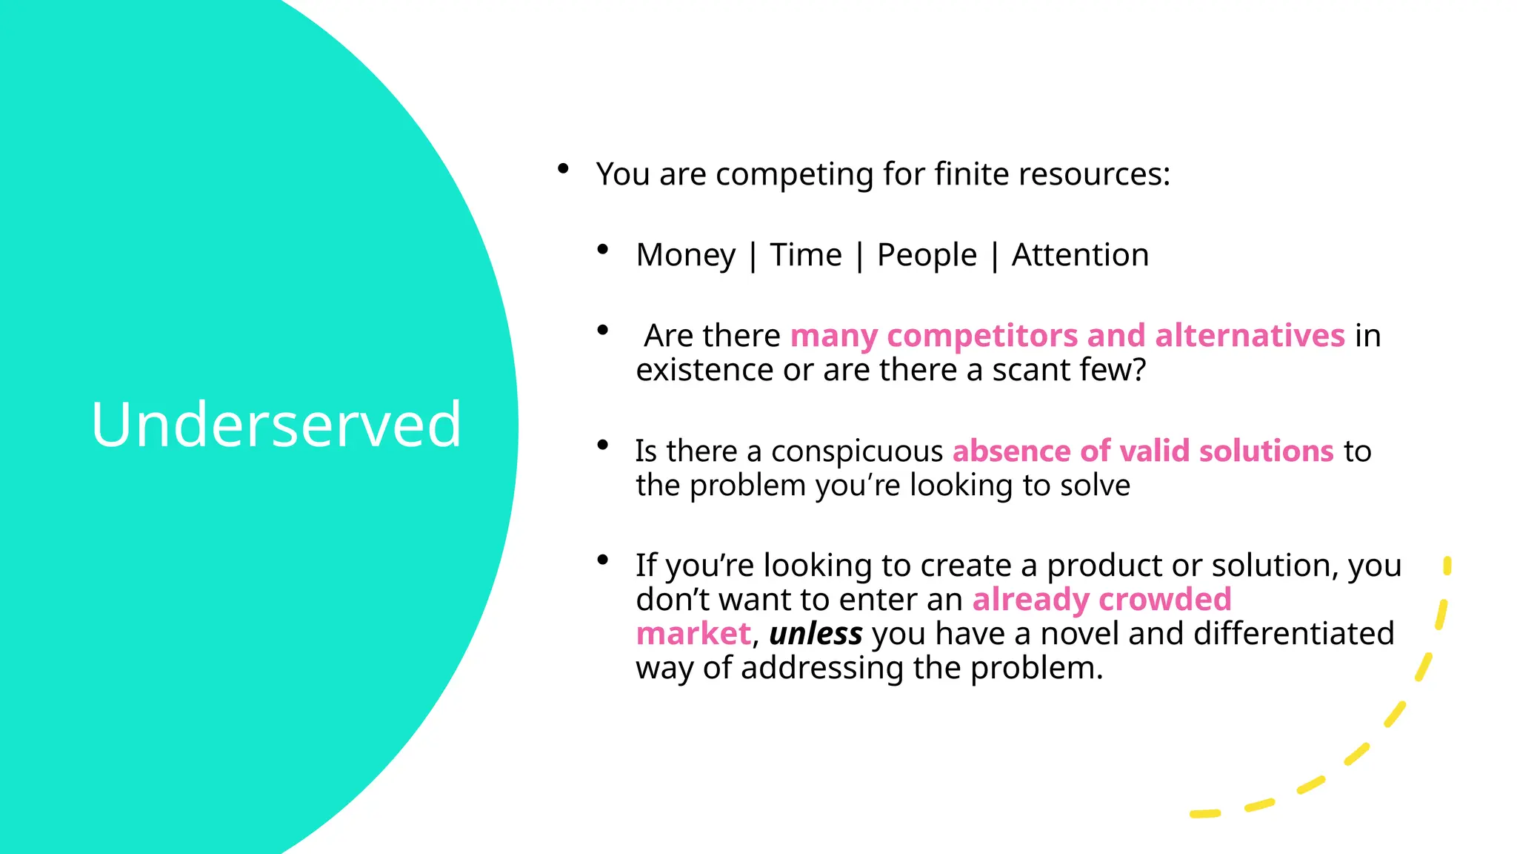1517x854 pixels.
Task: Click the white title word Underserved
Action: tap(276, 424)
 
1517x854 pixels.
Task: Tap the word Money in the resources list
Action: tap(686, 255)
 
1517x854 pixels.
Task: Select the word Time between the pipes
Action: tap(806, 255)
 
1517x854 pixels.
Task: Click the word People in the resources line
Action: tap(927, 255)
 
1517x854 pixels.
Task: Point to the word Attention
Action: tap(1080, 255)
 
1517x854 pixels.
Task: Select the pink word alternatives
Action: tap(1250, 336)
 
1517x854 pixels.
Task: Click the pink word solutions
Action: tap(1266, 451)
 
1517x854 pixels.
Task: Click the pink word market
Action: tap(693, 634)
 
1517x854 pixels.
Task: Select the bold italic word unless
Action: tap(816, 634)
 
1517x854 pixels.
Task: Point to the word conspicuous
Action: tap(857, 451)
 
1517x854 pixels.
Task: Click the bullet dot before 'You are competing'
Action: tap(563, 168)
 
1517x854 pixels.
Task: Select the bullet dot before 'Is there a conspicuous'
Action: tap(603, 445)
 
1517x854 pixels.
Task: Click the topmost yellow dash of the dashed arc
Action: tap(1447, 566)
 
